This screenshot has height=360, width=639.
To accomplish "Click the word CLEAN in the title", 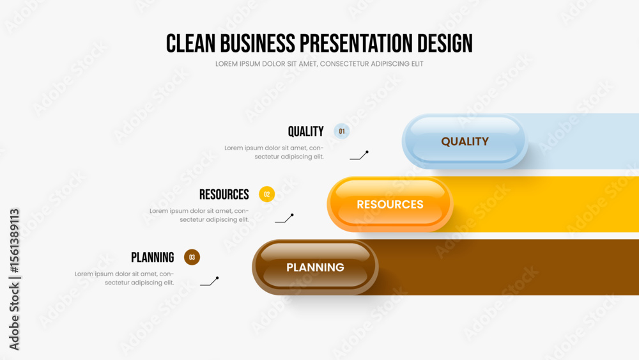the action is click(x=190, y=43).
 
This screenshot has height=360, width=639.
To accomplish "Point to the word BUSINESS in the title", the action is click(x=258, y=43).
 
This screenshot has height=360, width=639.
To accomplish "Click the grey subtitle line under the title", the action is click(x=319, y=64).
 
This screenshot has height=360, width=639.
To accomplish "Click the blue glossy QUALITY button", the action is click(x=465, y=141).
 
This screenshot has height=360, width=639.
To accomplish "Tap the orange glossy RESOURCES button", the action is click(x=390, y=204).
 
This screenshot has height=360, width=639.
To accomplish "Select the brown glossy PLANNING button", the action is click(x=315, y=267).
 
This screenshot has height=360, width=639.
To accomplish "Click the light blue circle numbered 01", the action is click(x=341, y=131).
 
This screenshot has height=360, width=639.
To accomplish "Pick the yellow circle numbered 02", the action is click(x=267, y=194).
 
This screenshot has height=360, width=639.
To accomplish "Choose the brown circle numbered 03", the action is click(x=192, y=257).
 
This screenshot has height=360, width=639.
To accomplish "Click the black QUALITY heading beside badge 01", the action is click(x=305, y=132).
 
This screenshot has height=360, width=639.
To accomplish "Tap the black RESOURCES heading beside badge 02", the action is click(x=224, y=194).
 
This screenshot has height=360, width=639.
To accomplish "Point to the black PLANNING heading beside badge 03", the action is click(x=153, y=258).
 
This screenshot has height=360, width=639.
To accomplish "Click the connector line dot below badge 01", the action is click(x=367, y=152).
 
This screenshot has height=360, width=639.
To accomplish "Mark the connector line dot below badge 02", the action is click(x=292, y=215).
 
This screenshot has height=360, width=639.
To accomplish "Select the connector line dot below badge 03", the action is click(x=217, y=278).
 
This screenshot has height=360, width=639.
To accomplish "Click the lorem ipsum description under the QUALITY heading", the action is click(x=274, y=152).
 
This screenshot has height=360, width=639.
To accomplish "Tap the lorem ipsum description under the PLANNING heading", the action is click(x=124, y=278).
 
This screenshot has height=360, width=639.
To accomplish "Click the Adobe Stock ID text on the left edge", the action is click(x=14, y=279).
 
